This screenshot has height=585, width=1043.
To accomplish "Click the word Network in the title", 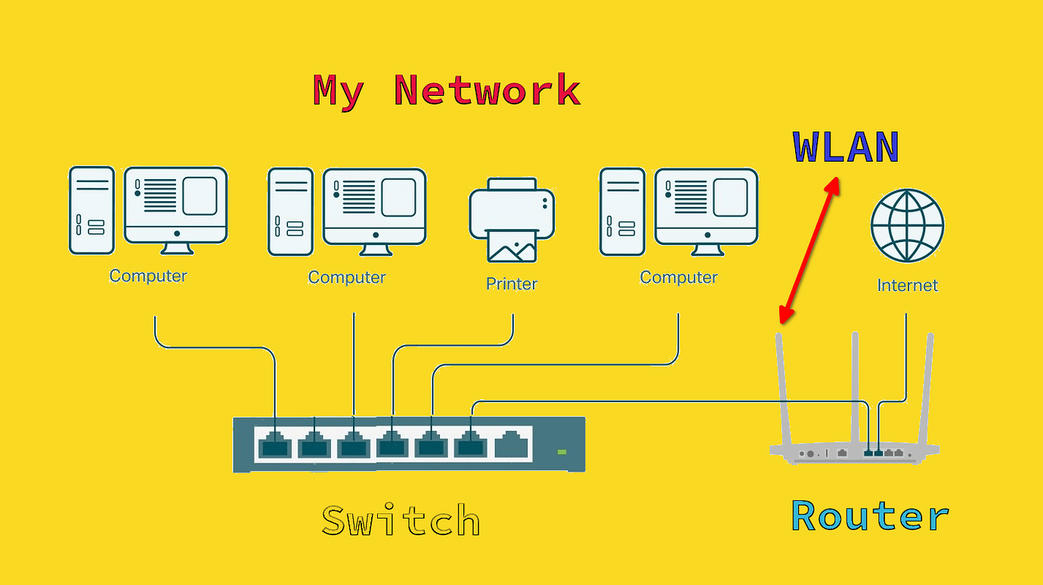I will (x=487, y=91).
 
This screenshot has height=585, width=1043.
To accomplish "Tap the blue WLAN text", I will (x=846, y=147).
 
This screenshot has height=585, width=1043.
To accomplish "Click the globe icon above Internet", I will (x=907, y=225).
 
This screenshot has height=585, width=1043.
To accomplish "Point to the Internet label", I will (x=907, y=286).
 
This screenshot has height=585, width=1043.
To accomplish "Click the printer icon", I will (x=512, y=219).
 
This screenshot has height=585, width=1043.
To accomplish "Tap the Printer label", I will (x=512, y=284).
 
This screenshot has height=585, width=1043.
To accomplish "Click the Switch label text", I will (x=401, y=521).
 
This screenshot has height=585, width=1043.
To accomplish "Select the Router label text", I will (x=869, y=516).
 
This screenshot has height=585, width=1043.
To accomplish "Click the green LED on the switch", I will (x=562, y=451).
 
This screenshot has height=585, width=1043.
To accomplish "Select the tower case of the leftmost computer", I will (x=91, y=210).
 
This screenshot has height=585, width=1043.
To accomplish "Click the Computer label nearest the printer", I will (x=347, y=277).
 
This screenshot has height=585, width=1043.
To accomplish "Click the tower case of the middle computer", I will (x=290, y=212).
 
